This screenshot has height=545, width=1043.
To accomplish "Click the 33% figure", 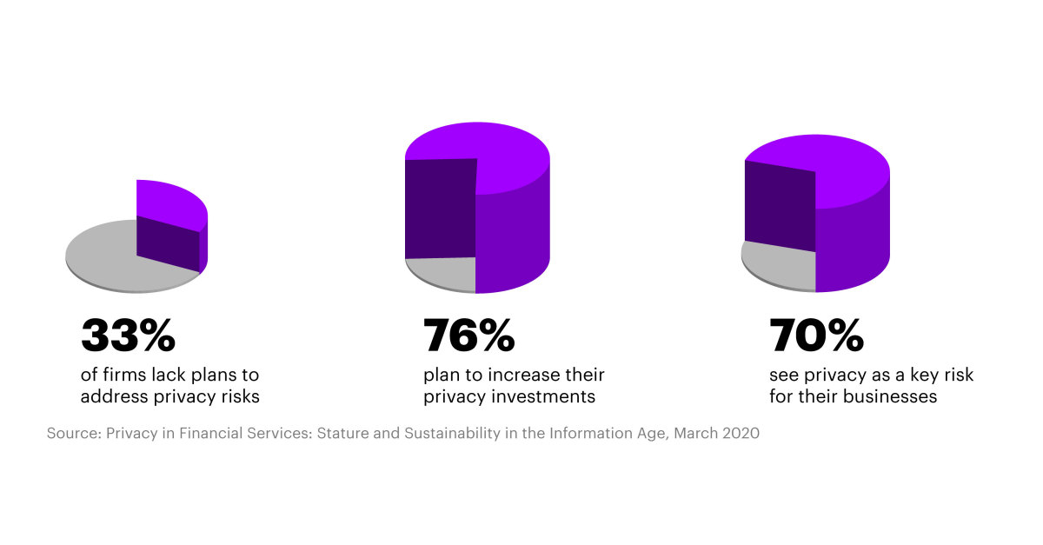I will [128, 336].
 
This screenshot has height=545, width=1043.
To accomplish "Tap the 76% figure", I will [468, 336].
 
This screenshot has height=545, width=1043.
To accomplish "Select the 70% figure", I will [816, 336].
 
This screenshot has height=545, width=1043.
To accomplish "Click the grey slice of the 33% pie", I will [104, 256].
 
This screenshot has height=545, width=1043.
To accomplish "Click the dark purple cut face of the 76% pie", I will [440, 209].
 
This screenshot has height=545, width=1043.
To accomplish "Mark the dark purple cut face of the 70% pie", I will [779, 203].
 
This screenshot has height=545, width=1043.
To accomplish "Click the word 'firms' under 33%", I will [124, 376].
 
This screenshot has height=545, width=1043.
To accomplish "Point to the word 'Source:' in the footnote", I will [74, 433].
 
